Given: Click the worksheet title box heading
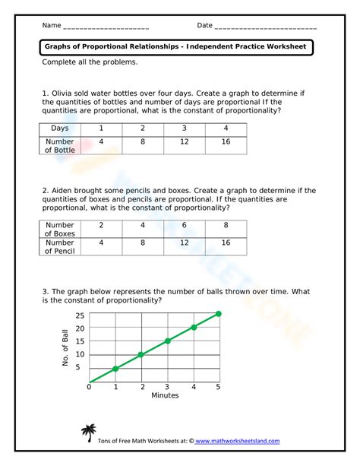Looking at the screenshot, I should (176, 47).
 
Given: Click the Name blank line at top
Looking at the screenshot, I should (106, 27).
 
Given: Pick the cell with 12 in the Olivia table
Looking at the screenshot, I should (182, 142).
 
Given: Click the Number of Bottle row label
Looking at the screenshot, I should (59, 146).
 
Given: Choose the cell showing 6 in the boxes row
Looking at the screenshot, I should (182, 226).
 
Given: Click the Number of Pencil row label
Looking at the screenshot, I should (59, 247).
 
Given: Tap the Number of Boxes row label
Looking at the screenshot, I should (59, 230).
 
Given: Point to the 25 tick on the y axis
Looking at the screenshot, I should (80, 315).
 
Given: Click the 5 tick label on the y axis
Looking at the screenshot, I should (80, 368).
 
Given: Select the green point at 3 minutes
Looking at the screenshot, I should (168, 341).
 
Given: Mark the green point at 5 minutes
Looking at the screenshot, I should (219, 314).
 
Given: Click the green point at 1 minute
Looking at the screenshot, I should (115, 369).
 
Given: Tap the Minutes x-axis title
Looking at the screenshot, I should (164, 395).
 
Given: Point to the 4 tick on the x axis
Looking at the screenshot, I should (193, 387).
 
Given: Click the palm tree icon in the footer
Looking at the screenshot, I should (92, 433).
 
